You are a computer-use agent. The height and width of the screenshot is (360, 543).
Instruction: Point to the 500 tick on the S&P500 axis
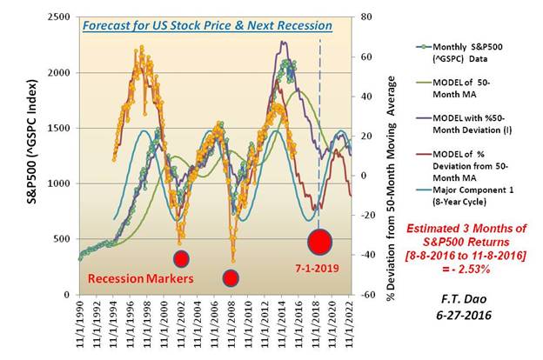[x=64, y=239]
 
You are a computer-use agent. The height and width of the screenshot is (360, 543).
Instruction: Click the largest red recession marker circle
[x=319, y=241]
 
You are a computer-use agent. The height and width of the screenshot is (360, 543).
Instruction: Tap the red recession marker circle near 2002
[x=181, y=258]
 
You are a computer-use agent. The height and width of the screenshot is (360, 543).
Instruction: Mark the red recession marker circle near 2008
[x=231, y=277]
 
